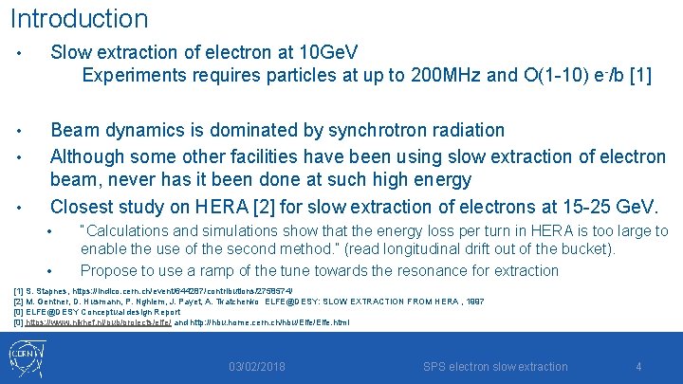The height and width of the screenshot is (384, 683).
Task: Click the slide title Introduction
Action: click(79, 18)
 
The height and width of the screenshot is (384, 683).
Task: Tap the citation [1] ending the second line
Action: click(637, 75)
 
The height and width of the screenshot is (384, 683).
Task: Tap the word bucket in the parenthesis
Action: click(592, 249)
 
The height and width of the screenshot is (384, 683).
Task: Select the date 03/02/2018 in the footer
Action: click(257, 367)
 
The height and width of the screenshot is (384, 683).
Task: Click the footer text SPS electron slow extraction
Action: click(495, 367)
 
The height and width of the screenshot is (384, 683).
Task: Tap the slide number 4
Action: click(638, 367)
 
